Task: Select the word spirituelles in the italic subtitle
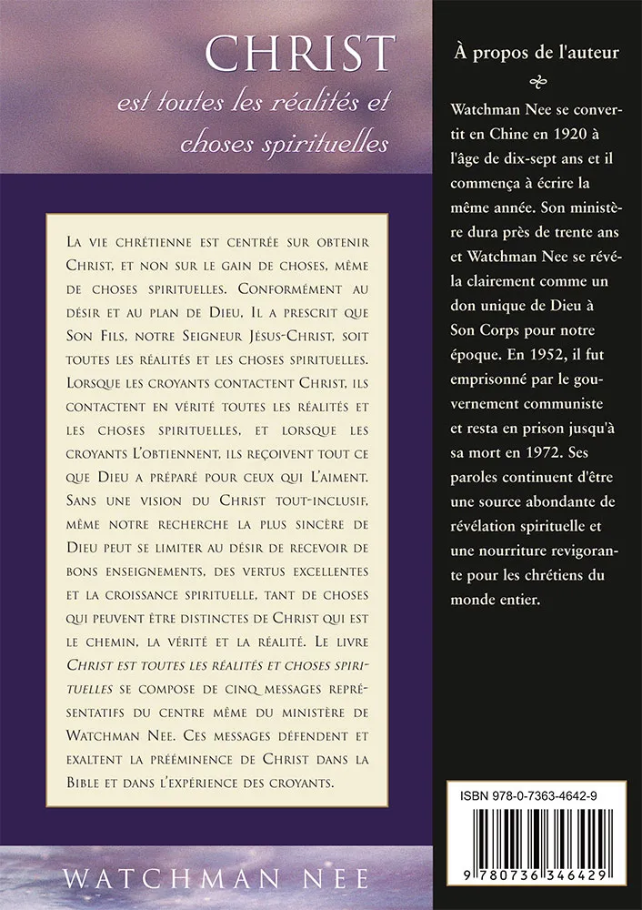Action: tap(316, 144)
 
